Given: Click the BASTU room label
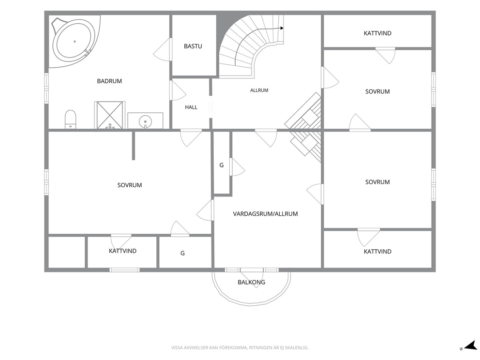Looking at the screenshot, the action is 193,46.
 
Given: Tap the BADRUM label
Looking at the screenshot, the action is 109,81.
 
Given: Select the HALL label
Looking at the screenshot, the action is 191,107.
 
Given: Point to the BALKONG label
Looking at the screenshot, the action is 251,282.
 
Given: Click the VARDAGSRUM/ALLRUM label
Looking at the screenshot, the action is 266,214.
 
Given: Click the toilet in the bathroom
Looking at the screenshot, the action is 71,120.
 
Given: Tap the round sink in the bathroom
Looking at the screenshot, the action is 146,121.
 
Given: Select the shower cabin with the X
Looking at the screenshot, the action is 109,115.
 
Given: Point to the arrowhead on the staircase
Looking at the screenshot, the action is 282,28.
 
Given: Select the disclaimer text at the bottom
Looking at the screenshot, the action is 240,348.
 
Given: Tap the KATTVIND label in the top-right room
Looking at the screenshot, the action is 377,33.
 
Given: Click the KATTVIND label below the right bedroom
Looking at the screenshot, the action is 377,252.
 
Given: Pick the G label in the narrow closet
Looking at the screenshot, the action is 221,165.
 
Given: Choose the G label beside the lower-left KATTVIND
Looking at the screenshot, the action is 182,253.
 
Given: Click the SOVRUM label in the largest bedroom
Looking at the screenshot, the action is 130,185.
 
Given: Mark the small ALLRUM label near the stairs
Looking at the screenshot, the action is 259,90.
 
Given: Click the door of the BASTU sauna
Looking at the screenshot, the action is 162,49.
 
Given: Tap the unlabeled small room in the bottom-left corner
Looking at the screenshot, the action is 67,252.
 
